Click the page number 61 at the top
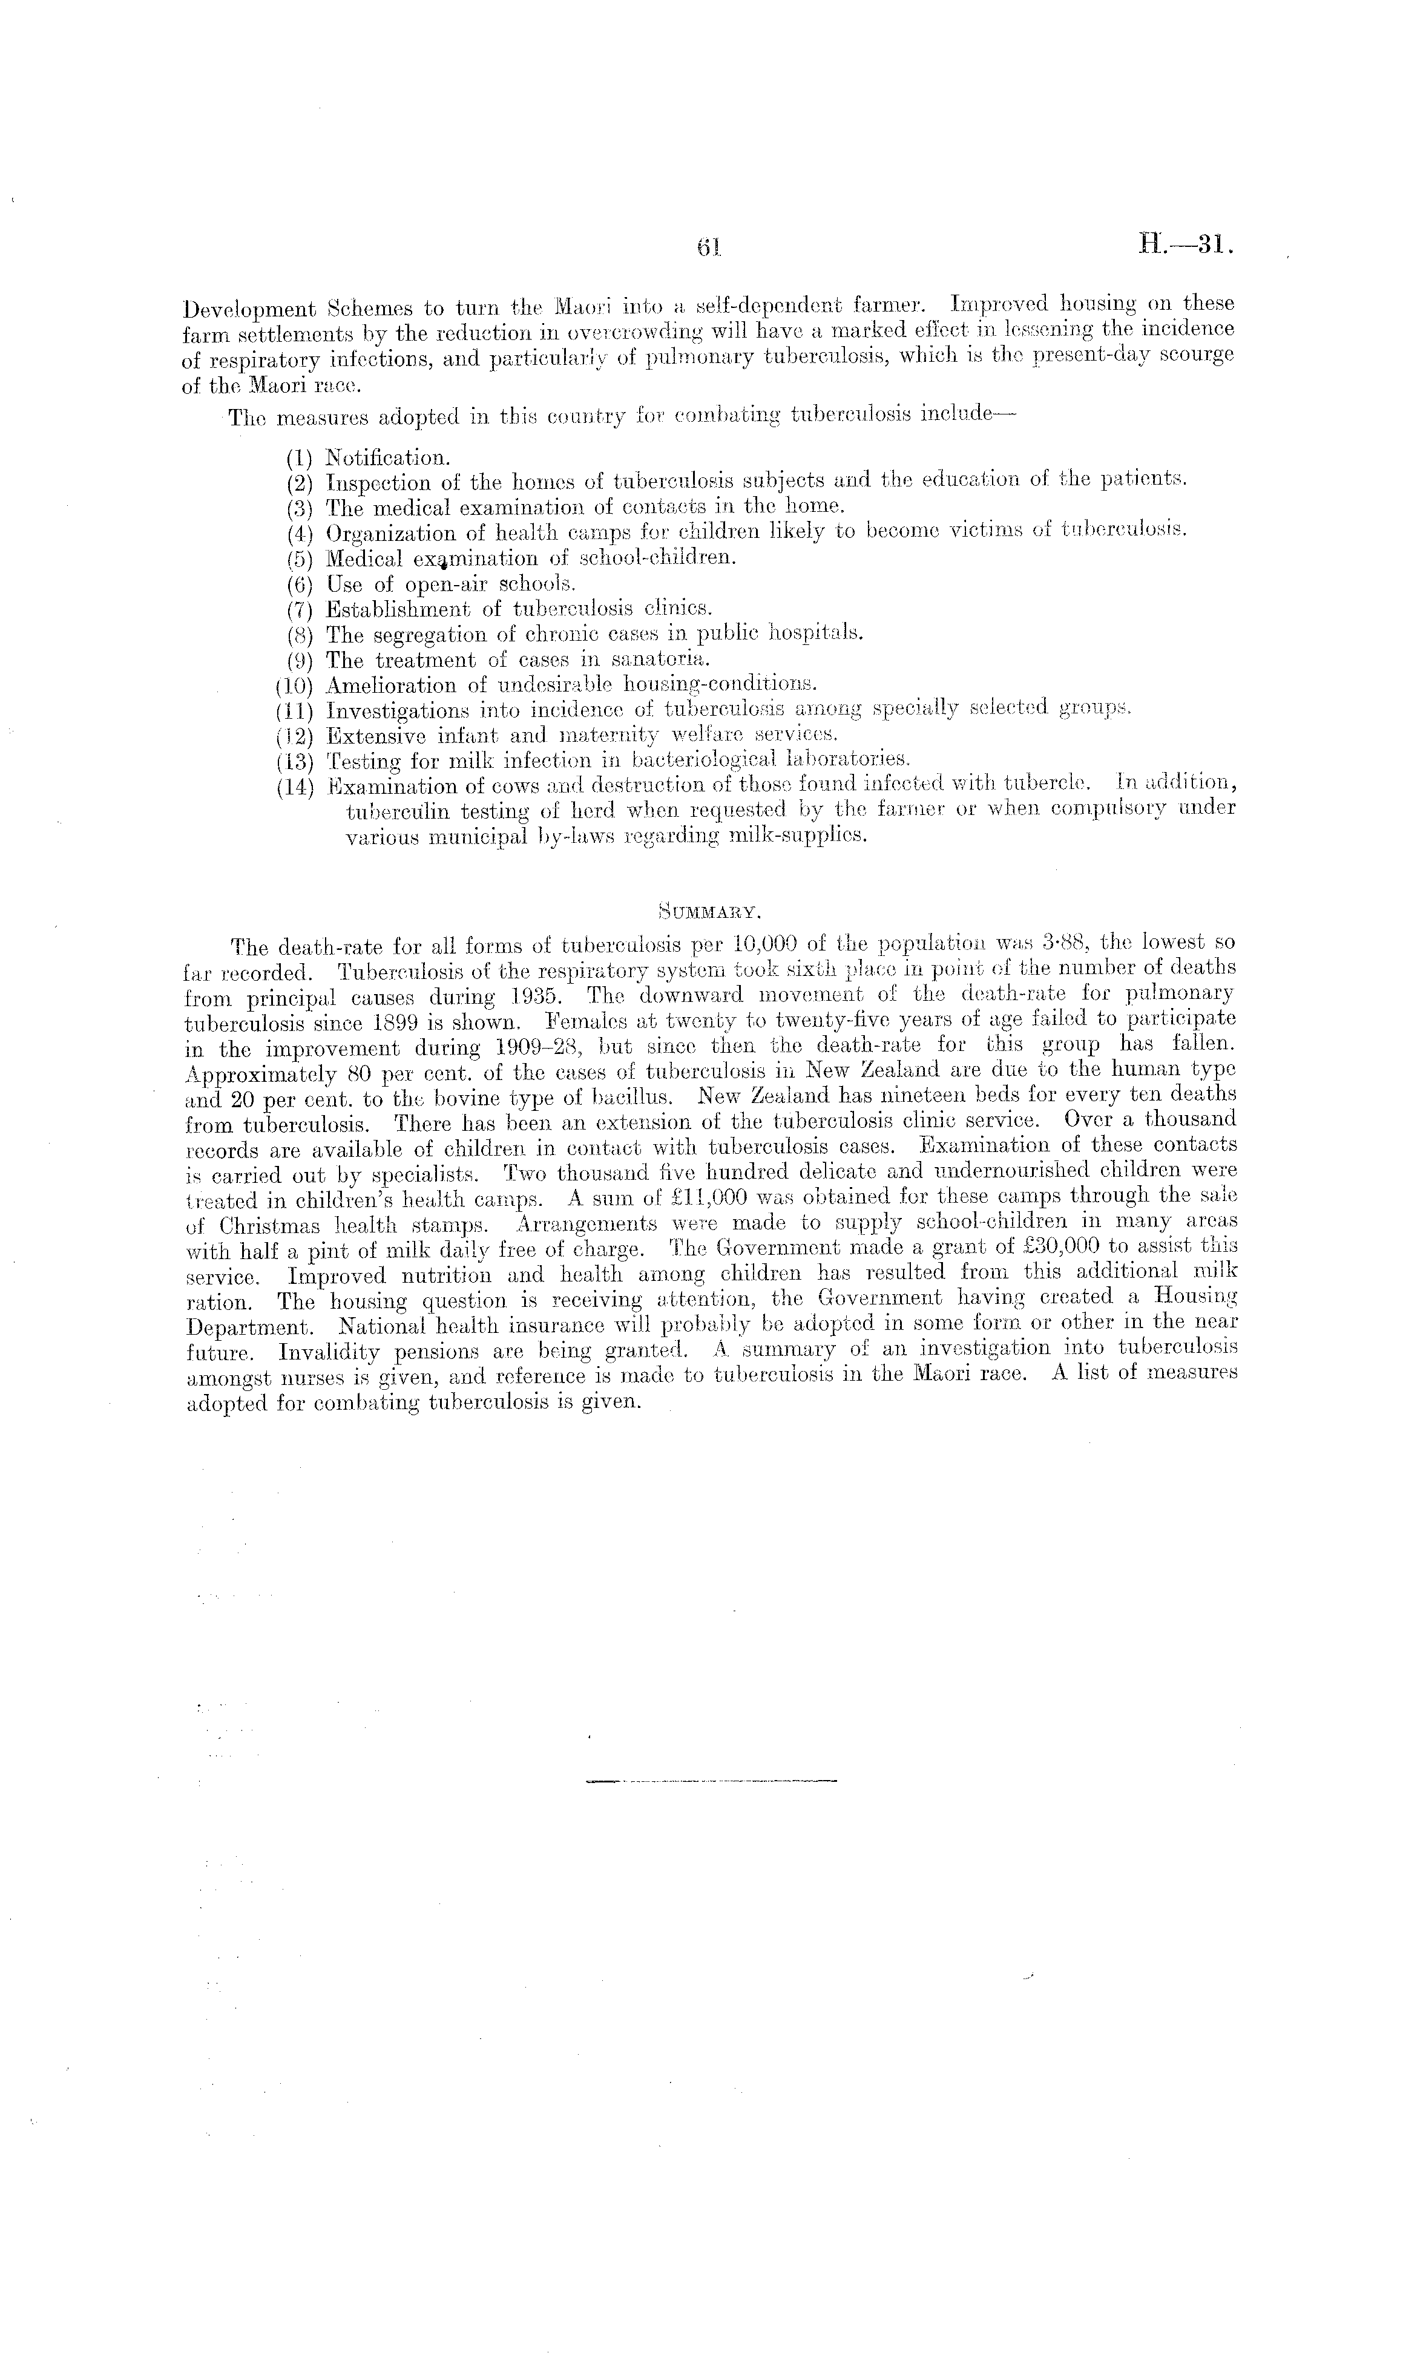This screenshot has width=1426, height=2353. click(708, 248)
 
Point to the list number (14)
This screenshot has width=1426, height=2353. click(295, 788)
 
